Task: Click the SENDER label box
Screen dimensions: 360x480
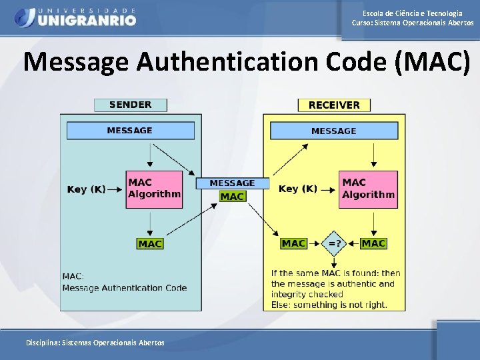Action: click(x=130, y=105)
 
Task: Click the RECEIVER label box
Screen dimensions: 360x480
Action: click(x=334, y=105)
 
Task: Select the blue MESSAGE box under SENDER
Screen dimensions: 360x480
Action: click(x=130, y=131)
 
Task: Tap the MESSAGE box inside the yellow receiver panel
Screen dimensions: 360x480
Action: click(x=333, y=131)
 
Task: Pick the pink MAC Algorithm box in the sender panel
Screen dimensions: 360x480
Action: click(x=154, y=189)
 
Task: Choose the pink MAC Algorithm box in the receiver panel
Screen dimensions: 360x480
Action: click(x=368, y=189)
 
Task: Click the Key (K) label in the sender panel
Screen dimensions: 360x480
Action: click(x=86, y=189)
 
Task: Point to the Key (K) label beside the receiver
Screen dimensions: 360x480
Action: click(x=298, y=189)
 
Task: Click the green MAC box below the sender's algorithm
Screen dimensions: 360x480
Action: click(x=150, y=244)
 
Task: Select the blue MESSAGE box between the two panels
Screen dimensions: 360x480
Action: click(x=232, y=183)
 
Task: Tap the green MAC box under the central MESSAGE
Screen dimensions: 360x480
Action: click(x=232, y=196)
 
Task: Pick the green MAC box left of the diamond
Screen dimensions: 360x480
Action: click(x=294, y=243)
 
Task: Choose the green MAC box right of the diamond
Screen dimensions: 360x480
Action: click(x=373, y=243)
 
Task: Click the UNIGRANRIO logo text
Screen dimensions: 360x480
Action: click(x=87, y=20)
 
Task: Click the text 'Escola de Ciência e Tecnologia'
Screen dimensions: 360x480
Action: click(x=413, y=13)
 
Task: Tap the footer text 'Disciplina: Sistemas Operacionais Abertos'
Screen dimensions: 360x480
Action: click(x=95, y=342)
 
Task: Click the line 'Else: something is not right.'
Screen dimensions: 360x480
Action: click(x=329, y=305)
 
